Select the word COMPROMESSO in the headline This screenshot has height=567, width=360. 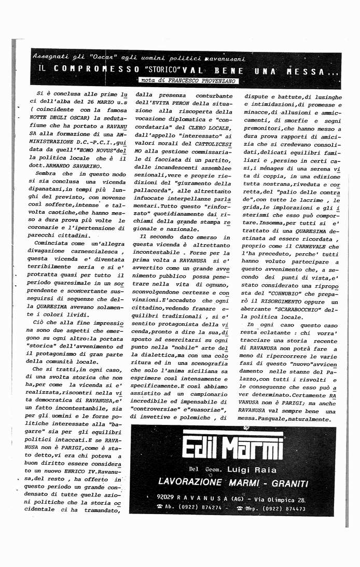pyautogui.click(x=100, y=70)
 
